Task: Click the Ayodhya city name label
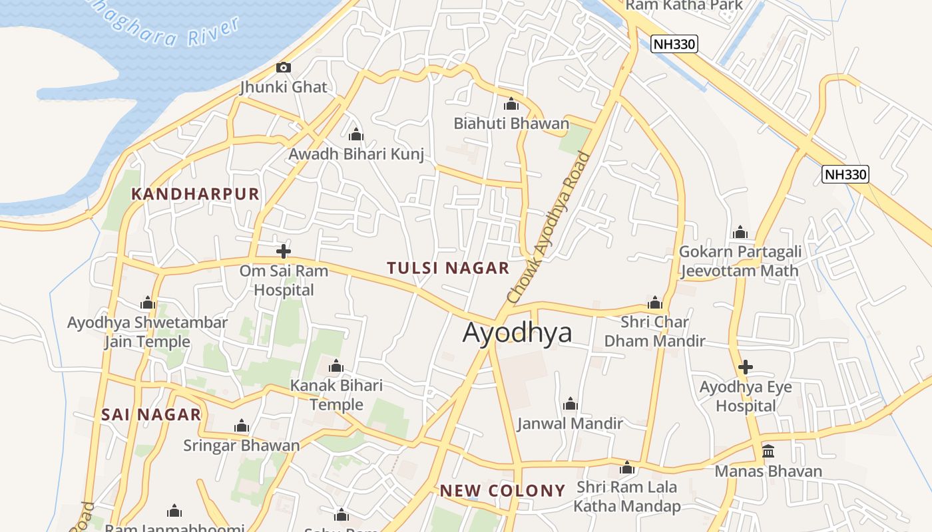coord(517,332)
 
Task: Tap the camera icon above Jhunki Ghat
coord(284,67)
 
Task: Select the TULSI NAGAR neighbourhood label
coord(448,268)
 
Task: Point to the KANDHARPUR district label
coord(195,194)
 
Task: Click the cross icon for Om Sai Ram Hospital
coord(284,251)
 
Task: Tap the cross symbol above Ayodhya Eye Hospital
coord(746,367)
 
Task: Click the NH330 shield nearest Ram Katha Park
coord(674,45)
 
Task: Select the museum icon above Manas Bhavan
coord(768,452)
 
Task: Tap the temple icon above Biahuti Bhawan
coord(511,104)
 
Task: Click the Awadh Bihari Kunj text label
coord(356,154)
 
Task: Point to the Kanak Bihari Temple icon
coord(336,366)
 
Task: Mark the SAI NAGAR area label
coord(151,415)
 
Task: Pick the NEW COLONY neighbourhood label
coord(503,491)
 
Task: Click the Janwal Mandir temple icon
coord(570,404)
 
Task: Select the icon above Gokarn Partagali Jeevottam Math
coord(740,233)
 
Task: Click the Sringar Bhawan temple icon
coord(242,426)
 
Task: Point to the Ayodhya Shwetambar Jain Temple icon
coord(148,304)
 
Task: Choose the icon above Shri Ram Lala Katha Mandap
coord(626,468)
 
